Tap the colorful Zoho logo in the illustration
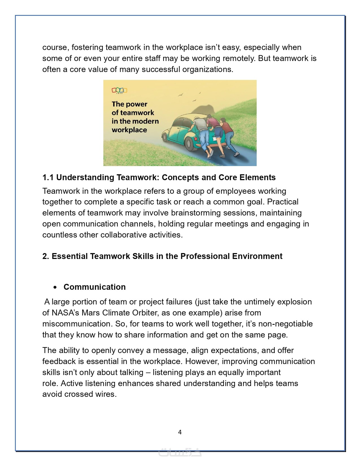tap(119, 90)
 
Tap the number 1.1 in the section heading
tap(48, 177)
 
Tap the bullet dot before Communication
tap(55, 287)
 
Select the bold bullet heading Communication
tap(95, 287)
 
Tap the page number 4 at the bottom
tap(180, 432)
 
